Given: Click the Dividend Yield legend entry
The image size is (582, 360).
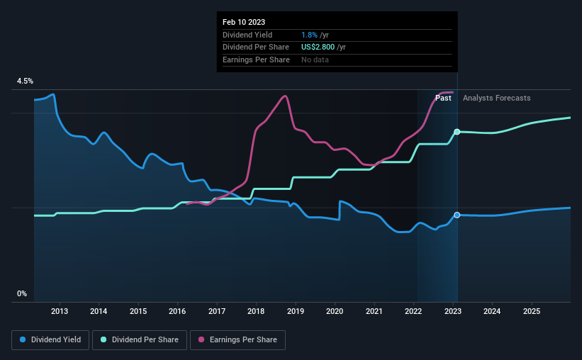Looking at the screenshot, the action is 50,340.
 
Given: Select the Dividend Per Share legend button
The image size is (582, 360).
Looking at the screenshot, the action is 140,340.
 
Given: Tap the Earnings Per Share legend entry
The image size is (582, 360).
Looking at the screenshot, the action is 237,340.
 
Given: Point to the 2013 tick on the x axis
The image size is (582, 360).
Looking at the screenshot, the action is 60,311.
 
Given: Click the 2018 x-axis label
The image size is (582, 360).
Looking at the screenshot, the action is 256,311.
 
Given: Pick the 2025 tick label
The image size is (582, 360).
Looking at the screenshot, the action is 532,311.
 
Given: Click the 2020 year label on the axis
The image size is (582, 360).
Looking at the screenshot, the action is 335,311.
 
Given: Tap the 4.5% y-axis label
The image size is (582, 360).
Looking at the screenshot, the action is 25,81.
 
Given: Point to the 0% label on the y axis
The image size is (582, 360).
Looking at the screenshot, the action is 22,293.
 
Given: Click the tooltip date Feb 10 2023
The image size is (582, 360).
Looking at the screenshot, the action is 244,22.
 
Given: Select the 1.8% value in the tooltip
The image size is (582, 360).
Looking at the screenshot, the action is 309,35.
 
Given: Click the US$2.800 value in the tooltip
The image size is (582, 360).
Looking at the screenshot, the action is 318,47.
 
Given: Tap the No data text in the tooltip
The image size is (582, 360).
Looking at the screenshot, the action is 315,60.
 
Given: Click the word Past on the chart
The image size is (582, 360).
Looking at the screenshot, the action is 443,98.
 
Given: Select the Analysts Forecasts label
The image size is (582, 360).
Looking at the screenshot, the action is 497,98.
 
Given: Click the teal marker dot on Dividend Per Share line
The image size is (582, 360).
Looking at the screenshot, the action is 457,132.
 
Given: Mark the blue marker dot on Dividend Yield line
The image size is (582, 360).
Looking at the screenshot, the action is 457,215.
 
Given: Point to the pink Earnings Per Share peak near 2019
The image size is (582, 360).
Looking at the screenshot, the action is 285,96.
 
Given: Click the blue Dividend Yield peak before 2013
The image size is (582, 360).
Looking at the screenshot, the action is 52,94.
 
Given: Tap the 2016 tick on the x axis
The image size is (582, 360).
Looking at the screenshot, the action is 177,311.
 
